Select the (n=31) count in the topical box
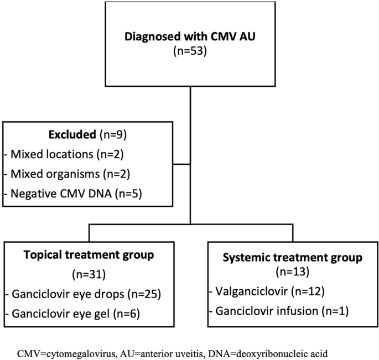[89, 274]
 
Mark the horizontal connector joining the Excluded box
[181, 164]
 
